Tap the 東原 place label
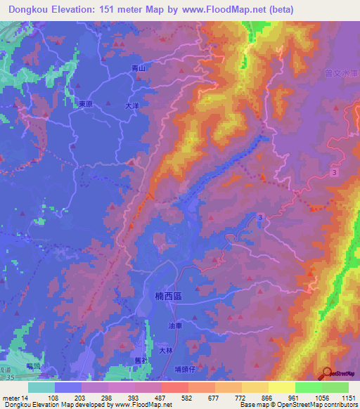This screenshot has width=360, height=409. [86, 103]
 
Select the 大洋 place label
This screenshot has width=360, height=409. [133, 107]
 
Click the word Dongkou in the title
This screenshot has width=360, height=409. [34, 10]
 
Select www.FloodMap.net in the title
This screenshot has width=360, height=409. [217, 10]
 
